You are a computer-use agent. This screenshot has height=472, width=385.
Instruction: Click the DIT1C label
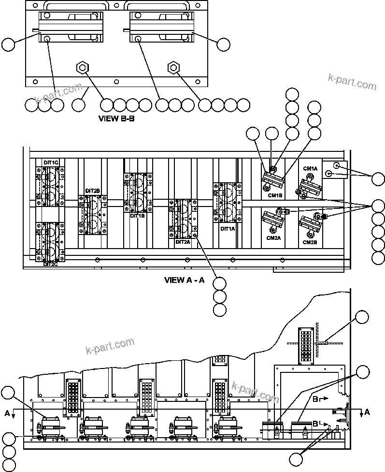51,162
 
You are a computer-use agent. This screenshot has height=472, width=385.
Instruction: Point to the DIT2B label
92,191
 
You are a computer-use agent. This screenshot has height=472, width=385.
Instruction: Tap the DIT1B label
137,216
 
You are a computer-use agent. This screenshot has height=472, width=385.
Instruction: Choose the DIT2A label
183,242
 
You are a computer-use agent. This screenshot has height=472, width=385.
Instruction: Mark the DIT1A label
227,229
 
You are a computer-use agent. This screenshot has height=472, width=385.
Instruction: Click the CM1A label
310,168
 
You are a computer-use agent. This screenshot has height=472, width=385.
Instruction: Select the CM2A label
273,238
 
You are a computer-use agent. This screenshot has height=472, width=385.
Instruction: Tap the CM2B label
310,242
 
